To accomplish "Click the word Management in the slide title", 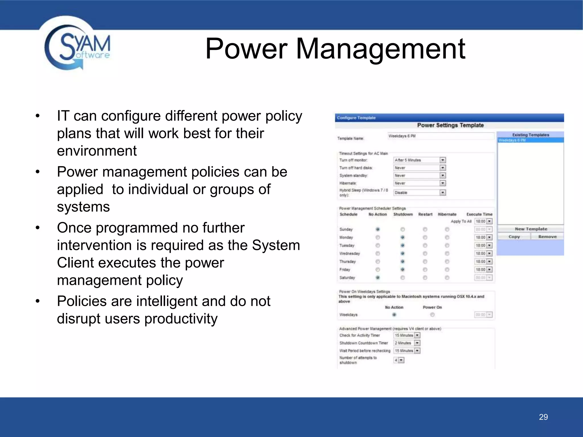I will click(381, 49).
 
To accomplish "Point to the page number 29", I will click(543, 417).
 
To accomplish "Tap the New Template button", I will click(531, 229).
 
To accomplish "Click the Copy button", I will click(514, 237).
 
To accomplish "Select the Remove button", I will click(547, 237).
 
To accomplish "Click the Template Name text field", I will click(440, 136).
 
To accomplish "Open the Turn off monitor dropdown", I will click(442, 160).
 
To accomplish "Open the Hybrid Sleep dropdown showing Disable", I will click(442, 193).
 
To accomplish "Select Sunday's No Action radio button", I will click(377, 229).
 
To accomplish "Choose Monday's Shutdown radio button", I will click(403, 237).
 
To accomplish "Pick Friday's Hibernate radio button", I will click(447, 269).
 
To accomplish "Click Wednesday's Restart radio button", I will click(425, 253).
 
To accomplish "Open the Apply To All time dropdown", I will click(489, 221).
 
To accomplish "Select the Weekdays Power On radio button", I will click(432, 315).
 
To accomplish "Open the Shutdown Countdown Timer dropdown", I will click(417, 343).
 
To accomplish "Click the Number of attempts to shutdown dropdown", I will click(401, 360).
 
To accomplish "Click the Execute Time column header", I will click(479, 214).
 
